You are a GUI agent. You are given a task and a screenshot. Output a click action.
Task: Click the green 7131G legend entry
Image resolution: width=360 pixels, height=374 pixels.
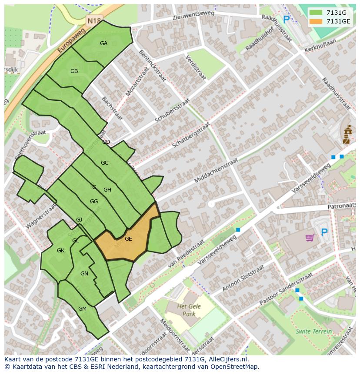329,12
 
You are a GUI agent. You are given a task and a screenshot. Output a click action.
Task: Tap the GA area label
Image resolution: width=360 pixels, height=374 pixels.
103,43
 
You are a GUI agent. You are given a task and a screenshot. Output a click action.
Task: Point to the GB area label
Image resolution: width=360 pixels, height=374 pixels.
74,71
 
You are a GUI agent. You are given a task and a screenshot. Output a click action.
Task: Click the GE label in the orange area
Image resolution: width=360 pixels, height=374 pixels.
128,239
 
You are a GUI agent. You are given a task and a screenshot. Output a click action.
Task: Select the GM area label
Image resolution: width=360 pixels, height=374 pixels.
82,309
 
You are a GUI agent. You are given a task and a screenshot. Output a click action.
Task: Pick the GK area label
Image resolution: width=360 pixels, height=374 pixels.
60,251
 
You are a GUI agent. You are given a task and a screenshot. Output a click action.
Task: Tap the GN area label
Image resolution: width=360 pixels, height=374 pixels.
84,274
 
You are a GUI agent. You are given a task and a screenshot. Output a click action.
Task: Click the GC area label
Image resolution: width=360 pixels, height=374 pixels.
104,163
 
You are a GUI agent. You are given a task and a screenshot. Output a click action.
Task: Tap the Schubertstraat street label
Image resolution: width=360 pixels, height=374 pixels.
173,111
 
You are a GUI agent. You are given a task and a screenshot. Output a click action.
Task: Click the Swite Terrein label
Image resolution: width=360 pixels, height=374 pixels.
313,331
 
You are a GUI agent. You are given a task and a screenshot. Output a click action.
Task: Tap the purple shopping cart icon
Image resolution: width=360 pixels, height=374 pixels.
310,237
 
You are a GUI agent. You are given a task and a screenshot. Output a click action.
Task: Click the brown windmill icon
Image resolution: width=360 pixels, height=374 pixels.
347,135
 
